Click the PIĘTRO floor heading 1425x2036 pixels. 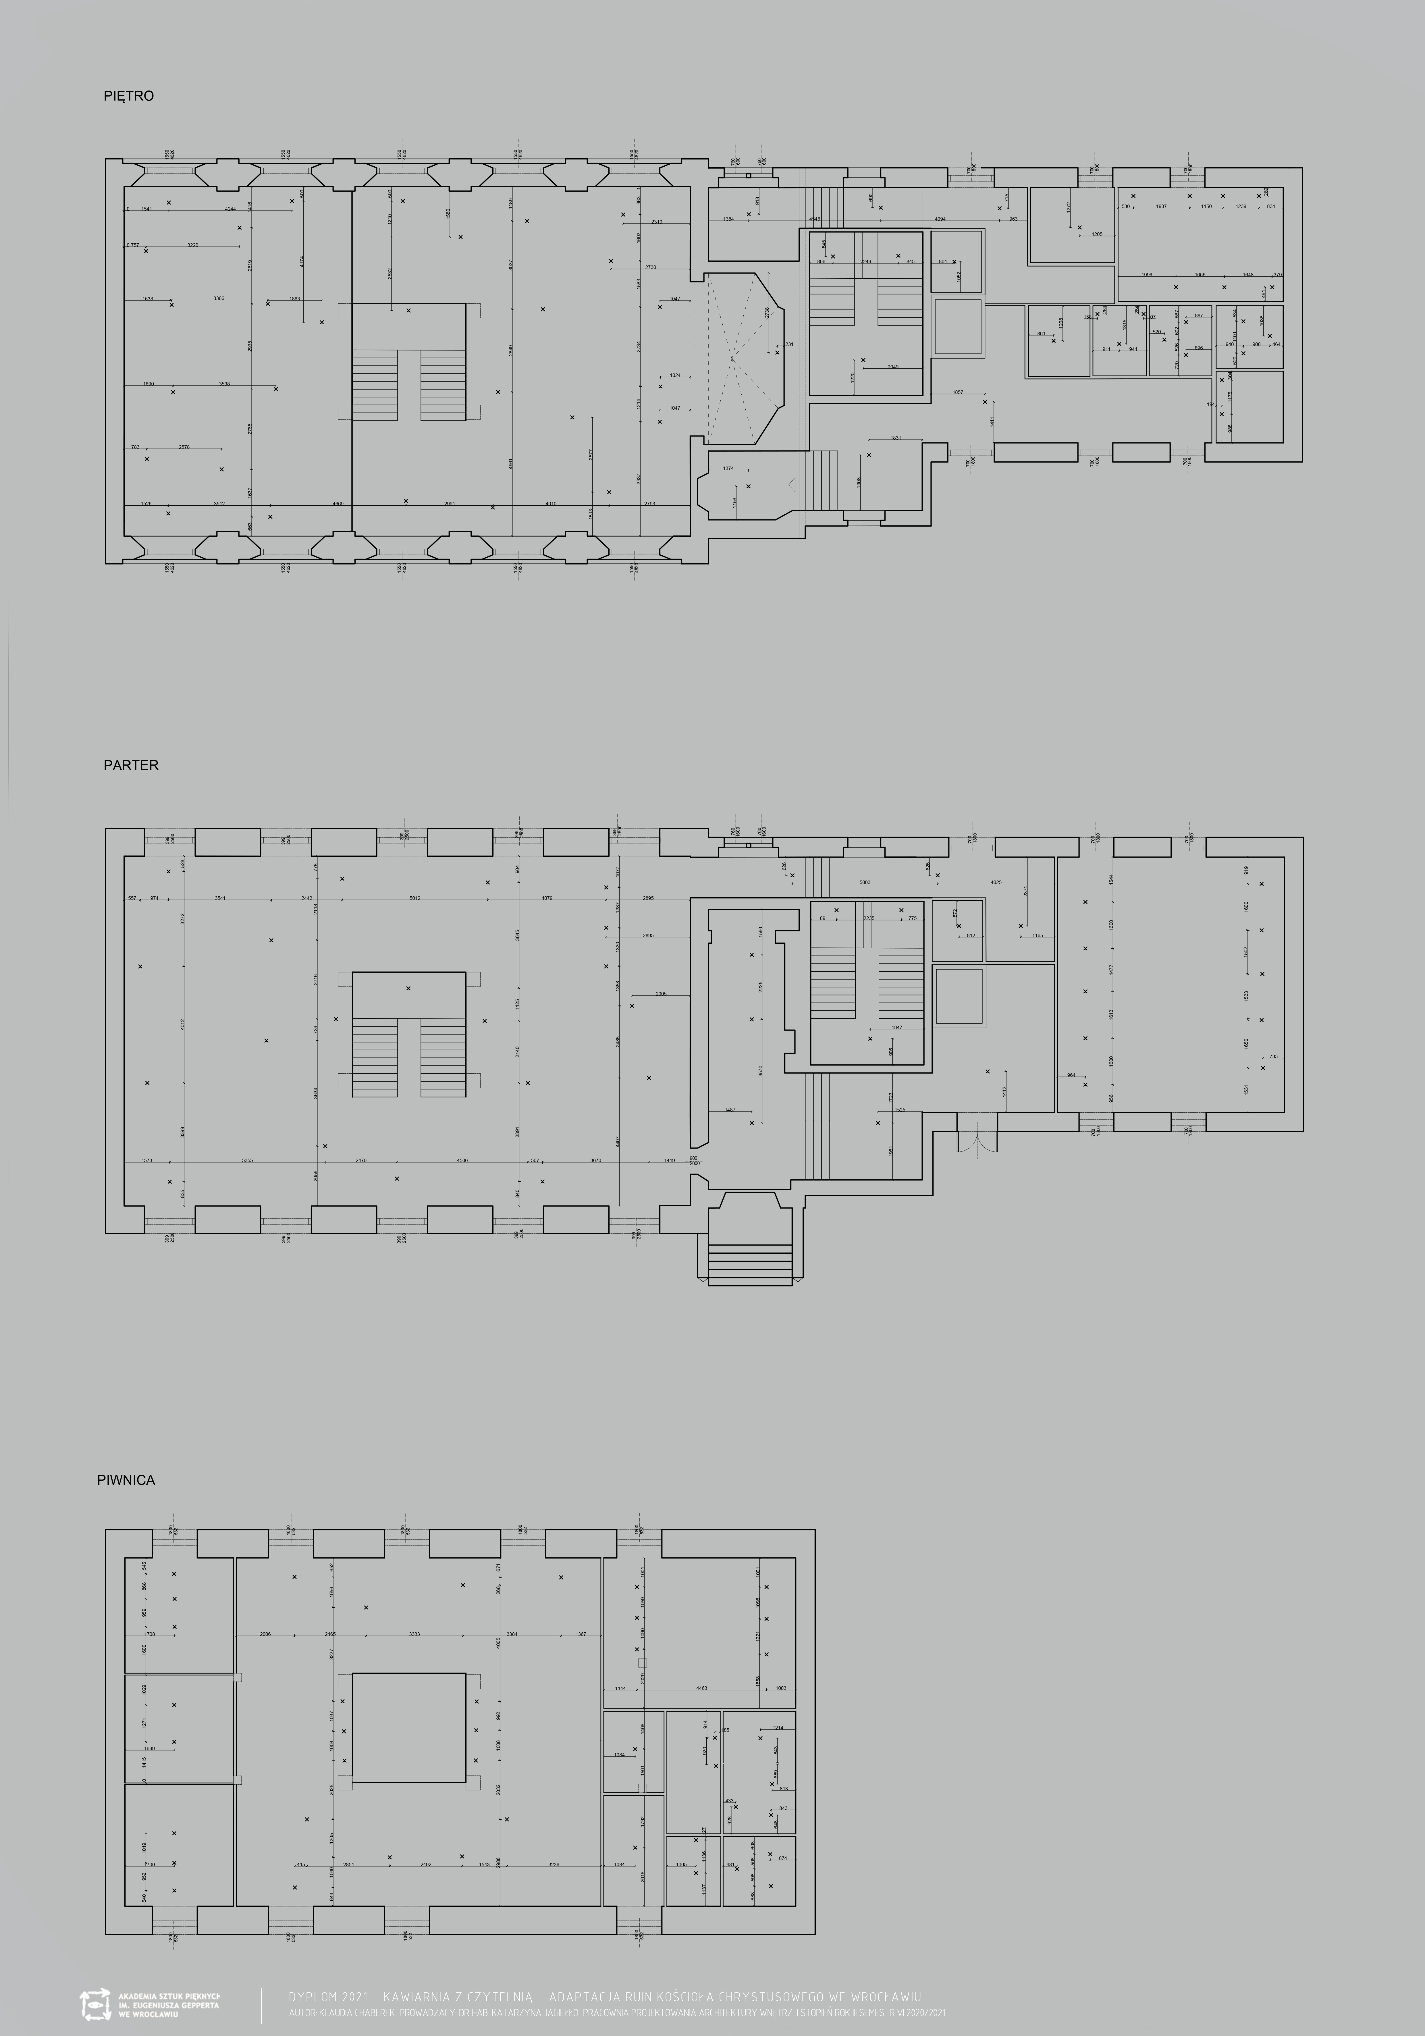(129, 96)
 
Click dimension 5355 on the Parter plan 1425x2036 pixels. (247, 1160)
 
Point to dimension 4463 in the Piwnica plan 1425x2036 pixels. (701, 1688)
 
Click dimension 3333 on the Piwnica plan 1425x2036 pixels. (414, 1634)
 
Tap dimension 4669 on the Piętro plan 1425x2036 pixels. (338, 504)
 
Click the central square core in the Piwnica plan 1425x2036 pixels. (409, 1727)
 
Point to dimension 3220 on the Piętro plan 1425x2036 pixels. (192, 245)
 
